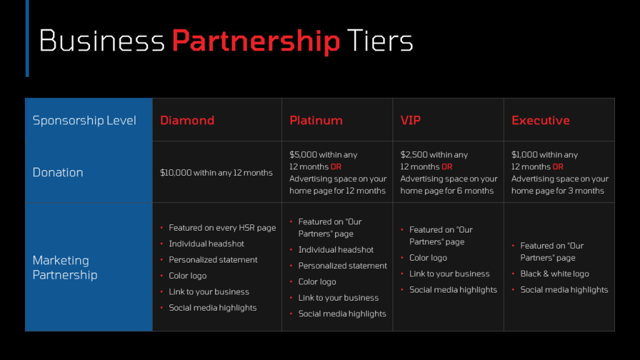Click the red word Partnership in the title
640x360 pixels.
pos(256,41)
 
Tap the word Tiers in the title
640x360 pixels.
pos(380,41)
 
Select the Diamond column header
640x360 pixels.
pos(187,121)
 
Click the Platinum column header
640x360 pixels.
pos(316,121)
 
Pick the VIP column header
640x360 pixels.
pos(411,121)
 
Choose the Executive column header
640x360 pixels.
pos(541,121)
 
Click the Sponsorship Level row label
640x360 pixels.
pos(84,121)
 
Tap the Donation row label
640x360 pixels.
pos(58,172)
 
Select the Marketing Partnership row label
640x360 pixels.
pos(65,267)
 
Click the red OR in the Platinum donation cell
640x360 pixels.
pos(336,166)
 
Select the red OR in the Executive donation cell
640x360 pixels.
pos(558,166)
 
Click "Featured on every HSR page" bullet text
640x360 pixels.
pos(222,227)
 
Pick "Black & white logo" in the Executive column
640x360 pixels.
pos(555,274)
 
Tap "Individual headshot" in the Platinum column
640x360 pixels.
pos(336,250)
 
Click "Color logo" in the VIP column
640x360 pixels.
pos(428,258)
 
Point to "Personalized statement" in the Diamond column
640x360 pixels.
pos(213,259)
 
